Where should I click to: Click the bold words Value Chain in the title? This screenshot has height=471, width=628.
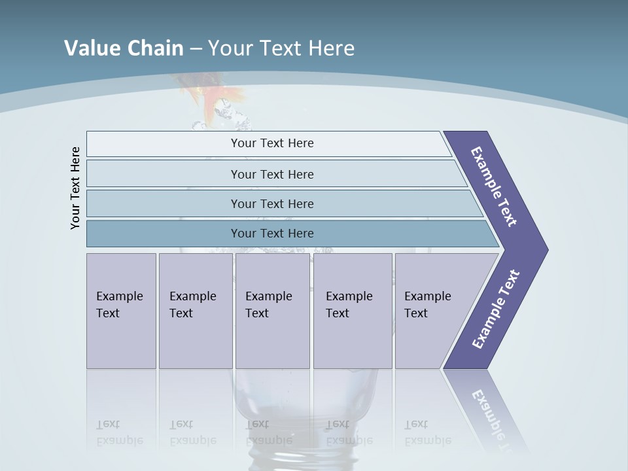[124, 48]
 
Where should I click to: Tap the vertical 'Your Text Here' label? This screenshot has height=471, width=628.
[75, 188]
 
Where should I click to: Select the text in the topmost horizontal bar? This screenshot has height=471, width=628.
[272, 143]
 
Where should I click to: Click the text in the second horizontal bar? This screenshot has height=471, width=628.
[272, 174]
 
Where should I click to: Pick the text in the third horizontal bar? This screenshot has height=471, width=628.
[272, 203]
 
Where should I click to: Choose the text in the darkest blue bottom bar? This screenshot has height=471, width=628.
[272, 234]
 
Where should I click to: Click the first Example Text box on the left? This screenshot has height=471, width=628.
[120, 305]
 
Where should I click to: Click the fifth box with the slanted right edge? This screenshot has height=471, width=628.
[428, 305]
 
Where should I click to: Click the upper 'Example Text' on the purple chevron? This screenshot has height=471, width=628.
[495, 186]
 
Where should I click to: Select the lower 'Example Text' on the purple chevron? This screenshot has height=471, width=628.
[496, 309]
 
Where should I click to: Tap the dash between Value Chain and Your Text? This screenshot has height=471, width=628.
[196, 48]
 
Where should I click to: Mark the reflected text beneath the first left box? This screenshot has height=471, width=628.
[120, 432]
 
